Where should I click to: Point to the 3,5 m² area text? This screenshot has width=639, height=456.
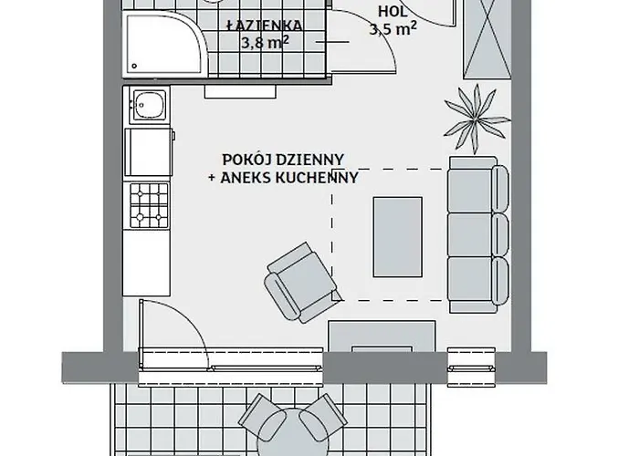point(393,29)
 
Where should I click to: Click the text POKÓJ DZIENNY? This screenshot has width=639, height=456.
point(282,159)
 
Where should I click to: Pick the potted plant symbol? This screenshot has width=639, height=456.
point(475,112)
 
